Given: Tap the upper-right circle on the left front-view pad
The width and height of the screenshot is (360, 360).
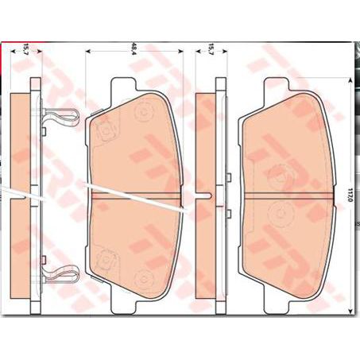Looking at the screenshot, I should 144,112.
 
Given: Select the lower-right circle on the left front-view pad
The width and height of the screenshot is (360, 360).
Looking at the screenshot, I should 144,277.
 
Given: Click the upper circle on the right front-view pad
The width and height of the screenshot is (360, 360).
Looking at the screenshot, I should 278,172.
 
